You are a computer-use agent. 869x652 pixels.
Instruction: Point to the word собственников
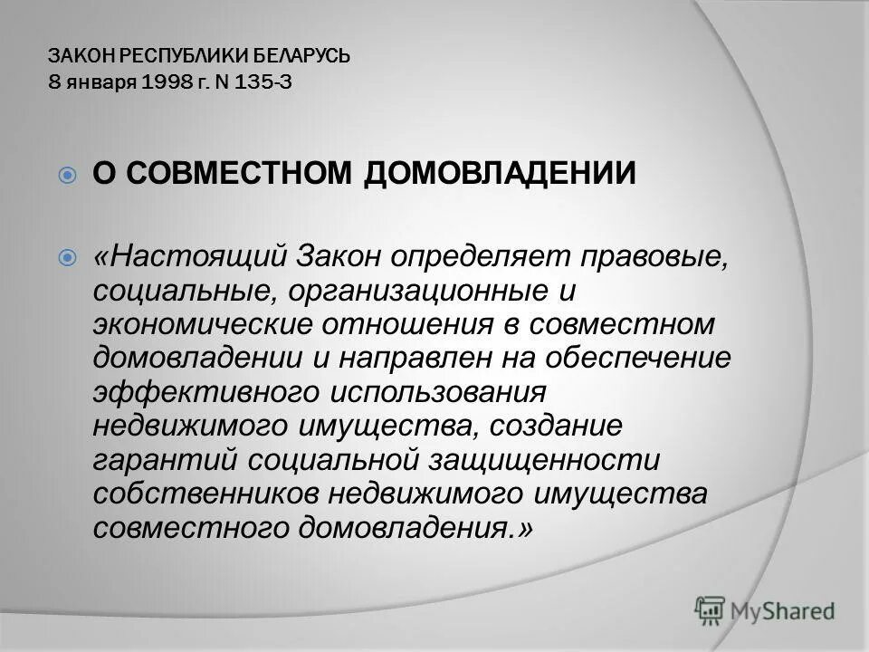(204, 494)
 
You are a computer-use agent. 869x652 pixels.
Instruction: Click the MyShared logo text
(781, 612)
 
